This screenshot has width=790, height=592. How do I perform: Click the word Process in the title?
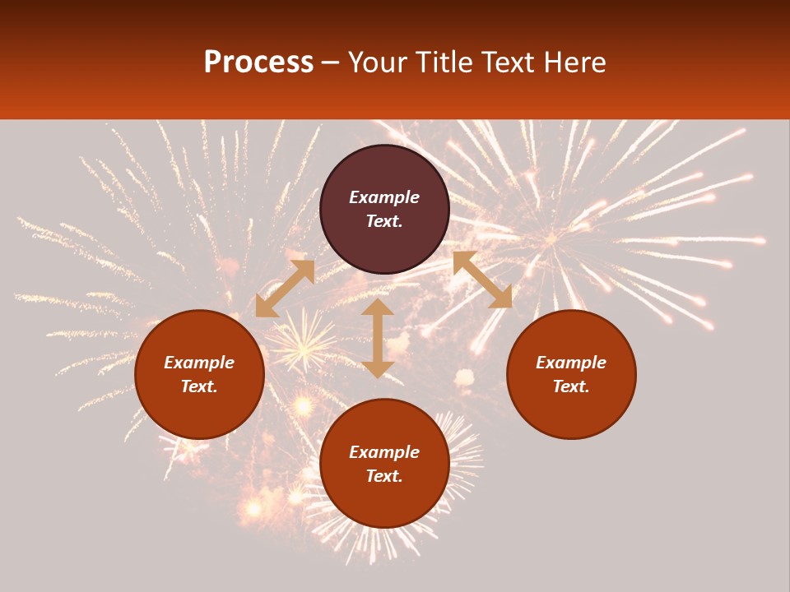coord(258,62)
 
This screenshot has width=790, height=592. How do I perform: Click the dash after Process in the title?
coord(331,63)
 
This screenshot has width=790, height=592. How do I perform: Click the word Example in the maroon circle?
coord(384,197)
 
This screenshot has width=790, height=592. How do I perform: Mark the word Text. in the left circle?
coord(199,386)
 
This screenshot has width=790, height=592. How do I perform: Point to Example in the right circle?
coord(571,363)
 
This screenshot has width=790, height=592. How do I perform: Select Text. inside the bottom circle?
coord(384,476)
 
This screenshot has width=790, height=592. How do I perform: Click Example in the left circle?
coord(199,363)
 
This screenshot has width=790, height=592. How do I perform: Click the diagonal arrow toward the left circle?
coord(285,289)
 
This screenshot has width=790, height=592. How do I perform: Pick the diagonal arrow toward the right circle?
coord(483,280)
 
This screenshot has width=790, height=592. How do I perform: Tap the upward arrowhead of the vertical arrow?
coord(378,308)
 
